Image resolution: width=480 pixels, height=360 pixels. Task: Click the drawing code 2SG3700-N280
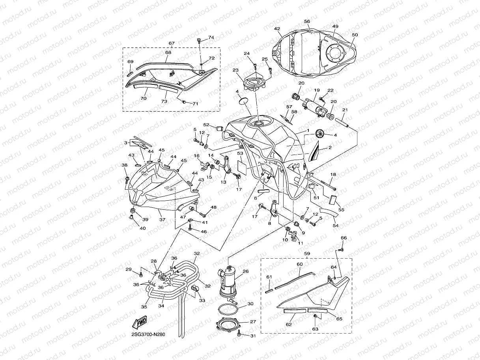(148, 335)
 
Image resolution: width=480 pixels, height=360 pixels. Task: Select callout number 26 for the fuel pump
(245, 271)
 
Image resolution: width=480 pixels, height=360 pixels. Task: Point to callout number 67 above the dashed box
(171, 43)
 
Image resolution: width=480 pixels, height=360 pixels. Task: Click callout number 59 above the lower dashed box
(306, 254)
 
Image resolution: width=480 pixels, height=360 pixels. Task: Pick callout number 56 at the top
(307, 22)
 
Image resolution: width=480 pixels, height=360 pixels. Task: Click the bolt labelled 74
(199, 40)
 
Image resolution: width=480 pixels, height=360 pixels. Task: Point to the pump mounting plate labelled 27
(228, 324)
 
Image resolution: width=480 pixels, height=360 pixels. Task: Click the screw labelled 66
(342, 249)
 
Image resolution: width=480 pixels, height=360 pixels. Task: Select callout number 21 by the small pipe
(345, 110)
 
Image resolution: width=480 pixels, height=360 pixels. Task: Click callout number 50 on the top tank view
(355, 35)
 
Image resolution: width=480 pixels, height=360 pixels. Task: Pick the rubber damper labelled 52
(219, 127)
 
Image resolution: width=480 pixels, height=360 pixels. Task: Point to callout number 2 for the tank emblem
(330, 149)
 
